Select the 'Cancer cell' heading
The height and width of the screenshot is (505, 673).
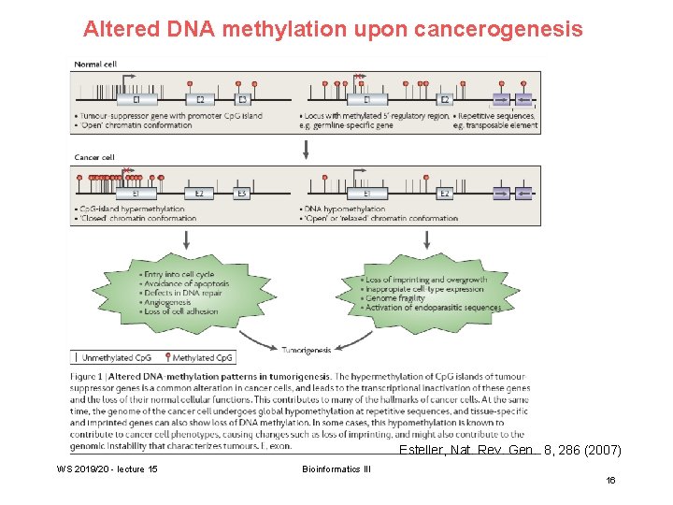point(94,157)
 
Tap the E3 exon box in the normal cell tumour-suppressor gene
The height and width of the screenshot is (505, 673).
point(241,99)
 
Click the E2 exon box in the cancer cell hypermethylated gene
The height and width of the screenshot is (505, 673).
point(198,194)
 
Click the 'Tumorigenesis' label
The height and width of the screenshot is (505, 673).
point(307,350)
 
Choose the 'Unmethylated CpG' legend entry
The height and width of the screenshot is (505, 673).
point(117,357)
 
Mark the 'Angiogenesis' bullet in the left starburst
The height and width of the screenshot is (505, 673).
point(167,302)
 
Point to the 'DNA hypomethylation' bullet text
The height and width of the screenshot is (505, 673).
point(345,209)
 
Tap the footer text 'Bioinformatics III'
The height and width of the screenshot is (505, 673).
point(336,468)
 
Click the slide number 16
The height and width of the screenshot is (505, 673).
point(610,480)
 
